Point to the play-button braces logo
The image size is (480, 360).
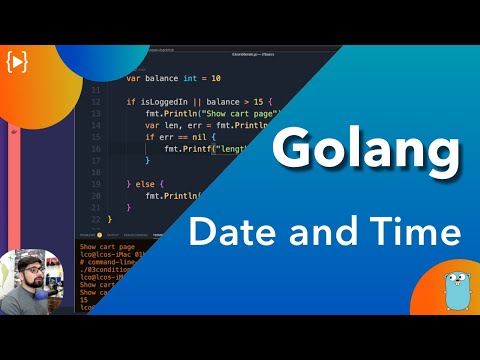point(17,61)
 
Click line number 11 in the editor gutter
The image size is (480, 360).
point(96,90)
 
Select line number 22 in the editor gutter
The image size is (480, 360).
point(96,219)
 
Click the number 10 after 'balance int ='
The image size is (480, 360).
point(215,78)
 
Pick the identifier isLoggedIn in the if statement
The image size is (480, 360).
point(162,102)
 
